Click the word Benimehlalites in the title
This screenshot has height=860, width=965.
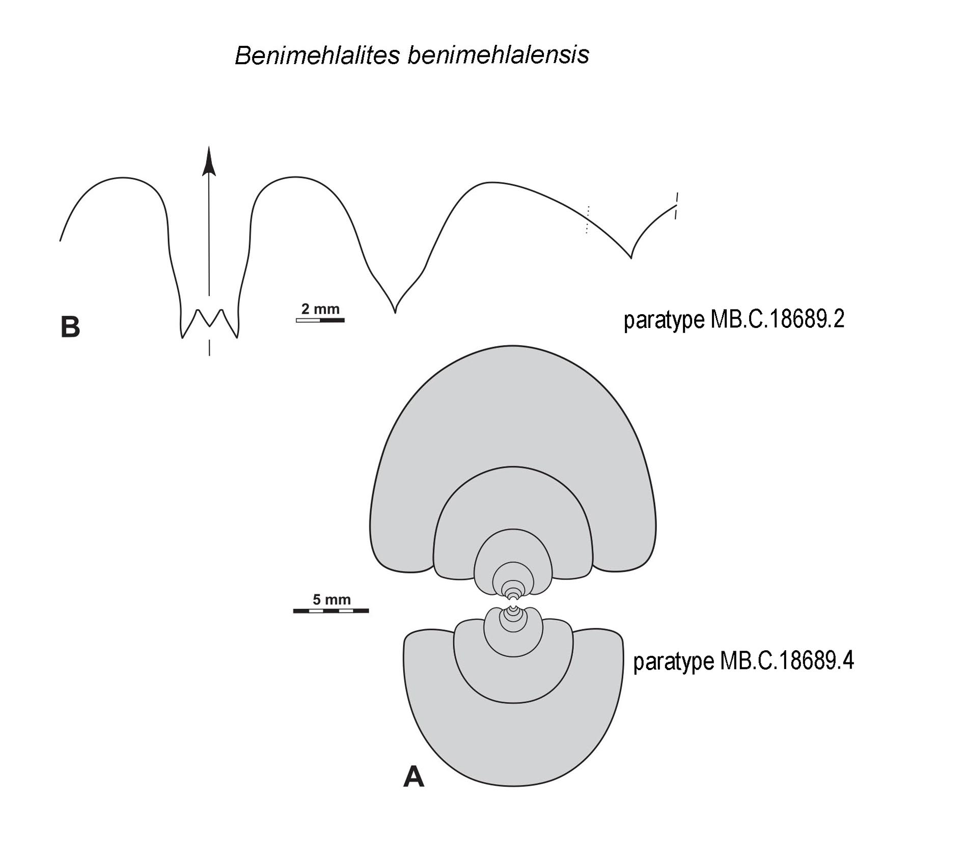[x=317, y=55]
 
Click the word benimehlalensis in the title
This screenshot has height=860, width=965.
[x=498, y=55]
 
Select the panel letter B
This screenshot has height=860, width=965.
[x=70, y=327]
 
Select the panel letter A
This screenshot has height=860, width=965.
[x=413, y=777]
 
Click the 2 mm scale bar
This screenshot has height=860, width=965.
[x=320, y=320]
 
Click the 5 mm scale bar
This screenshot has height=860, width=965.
[x=331, y=611]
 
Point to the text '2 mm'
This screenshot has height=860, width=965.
[x=320, y=309]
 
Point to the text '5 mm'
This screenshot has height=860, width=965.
[x=332, y=599]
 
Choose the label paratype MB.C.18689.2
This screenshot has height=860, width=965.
[x=734, y=320]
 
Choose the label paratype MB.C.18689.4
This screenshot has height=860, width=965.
[x=743, y=662]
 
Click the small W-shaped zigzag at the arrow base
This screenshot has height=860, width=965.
[x=209, y=323]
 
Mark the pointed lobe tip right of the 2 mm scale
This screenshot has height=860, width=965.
[x=395, y=312]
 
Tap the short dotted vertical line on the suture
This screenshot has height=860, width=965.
[x=587, y=220]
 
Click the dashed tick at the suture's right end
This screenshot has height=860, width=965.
[x=676, y=206]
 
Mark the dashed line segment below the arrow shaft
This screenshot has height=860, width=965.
[x=209, y=347]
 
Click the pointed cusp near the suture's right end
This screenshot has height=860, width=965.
[x=631, y=257]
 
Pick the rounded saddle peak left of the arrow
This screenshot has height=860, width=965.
[x=122, y=178]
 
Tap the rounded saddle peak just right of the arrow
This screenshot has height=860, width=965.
[x=294, y=177]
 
